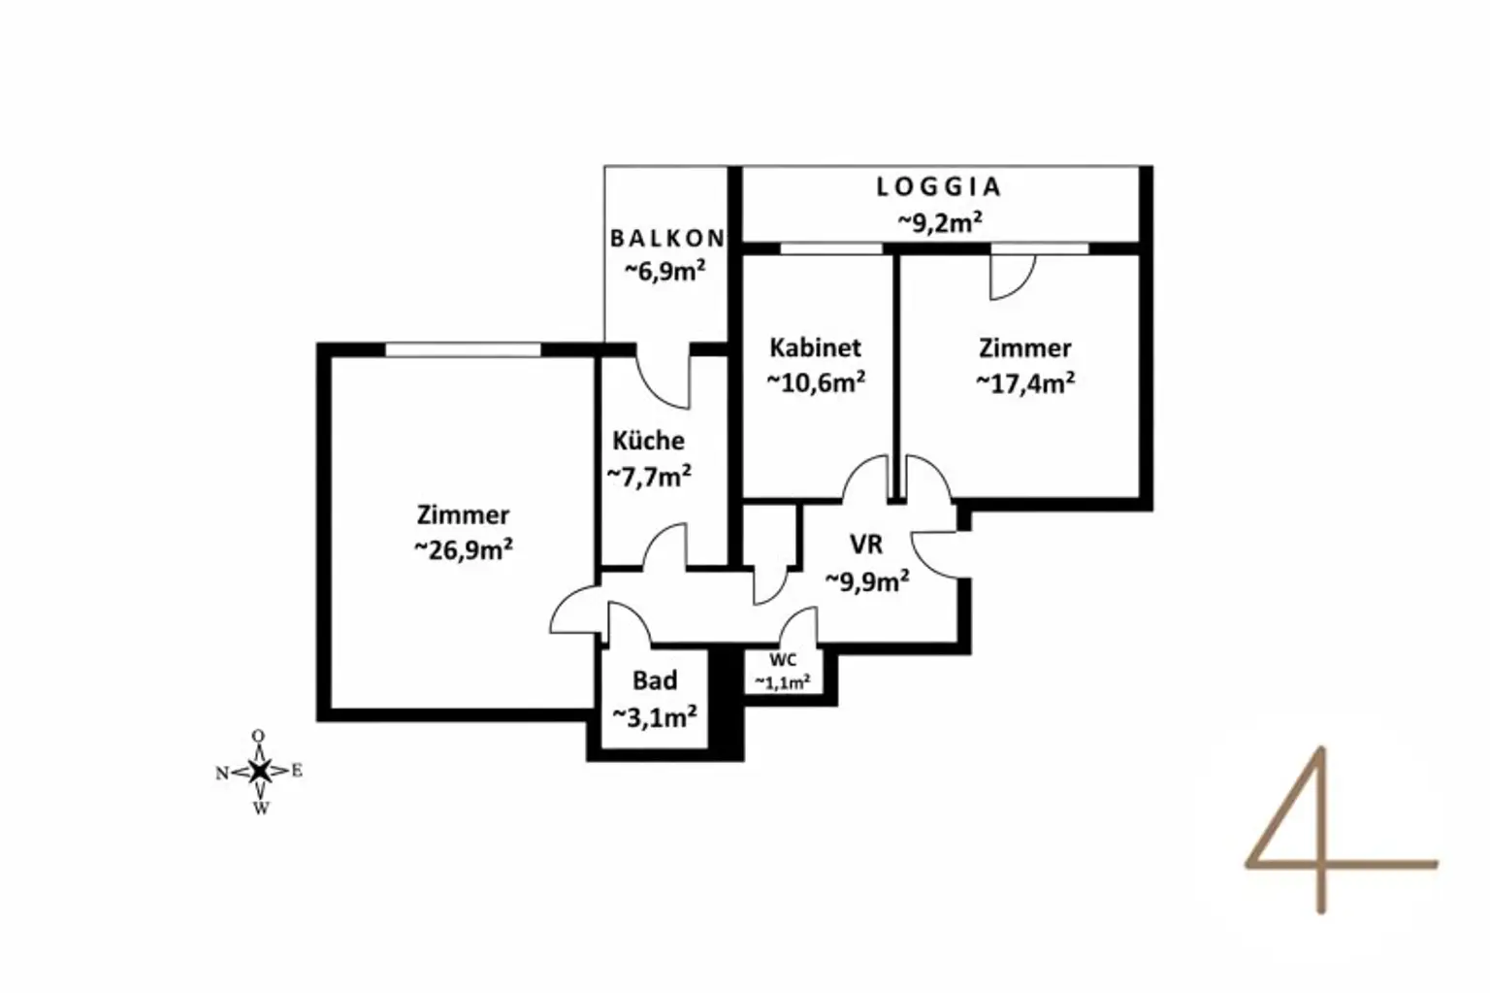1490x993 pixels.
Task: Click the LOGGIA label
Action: tap(938, 186)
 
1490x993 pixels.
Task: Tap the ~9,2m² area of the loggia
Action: tap(938, 221)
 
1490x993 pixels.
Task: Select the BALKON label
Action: tap(666, 238)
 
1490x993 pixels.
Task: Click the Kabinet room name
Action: tap(815, 348)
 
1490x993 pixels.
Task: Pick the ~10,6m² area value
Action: tap(816, 382)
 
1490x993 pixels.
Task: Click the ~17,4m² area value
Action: tap(1024, 382)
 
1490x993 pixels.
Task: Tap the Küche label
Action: tap(648, 441)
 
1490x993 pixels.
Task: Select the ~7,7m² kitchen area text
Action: tap(648, 476)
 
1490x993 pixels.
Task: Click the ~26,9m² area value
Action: tap(463, 549)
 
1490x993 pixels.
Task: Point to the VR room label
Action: tap(865, 544)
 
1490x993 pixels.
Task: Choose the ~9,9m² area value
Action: tap(866, 580)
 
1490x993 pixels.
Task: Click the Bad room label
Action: tap(654, 681)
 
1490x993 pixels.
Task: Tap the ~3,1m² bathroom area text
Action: tap(654, 717)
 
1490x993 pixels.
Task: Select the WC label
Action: tap(782, 661)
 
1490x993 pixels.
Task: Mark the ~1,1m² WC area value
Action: tap(782, 682)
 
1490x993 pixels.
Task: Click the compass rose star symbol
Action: tap(259, 771)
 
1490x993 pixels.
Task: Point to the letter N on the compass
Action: tap(222, 774)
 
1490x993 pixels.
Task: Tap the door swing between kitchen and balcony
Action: tap(665, 381)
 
